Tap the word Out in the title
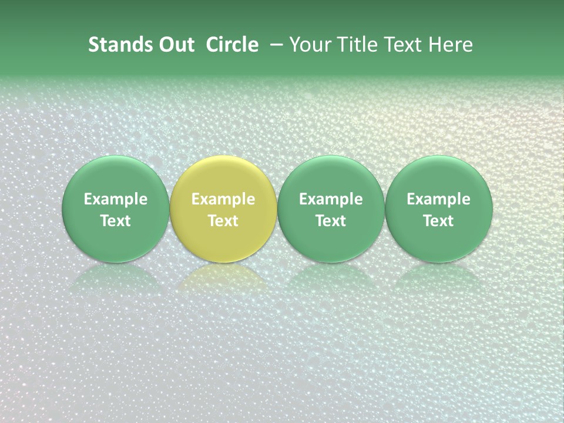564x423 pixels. pyautogui.click(x=175, y=45)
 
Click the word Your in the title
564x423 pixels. pyautogui.click(x=308, y=45)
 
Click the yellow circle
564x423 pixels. pyautogui.click(x=223, y=176)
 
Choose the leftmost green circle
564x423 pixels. pyautogui.click(x=115, y=176)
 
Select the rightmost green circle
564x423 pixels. pyautogui.click(x=439, y=176)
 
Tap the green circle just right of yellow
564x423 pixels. pyautogui.click(x=331, y=176)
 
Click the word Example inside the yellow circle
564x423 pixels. pyautogui.click(x=223, y=199)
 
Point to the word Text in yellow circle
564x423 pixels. pyautogui.click(x=223, y=221)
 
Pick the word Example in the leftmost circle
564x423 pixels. pyautogui.click(x=115, y=199)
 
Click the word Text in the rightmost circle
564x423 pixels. pyautogui.click(x=439, y=221)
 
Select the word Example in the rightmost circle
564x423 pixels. pyautogui.click(x=439, y=199)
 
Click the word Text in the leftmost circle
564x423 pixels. pyautogui.click(x=115, y=221)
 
